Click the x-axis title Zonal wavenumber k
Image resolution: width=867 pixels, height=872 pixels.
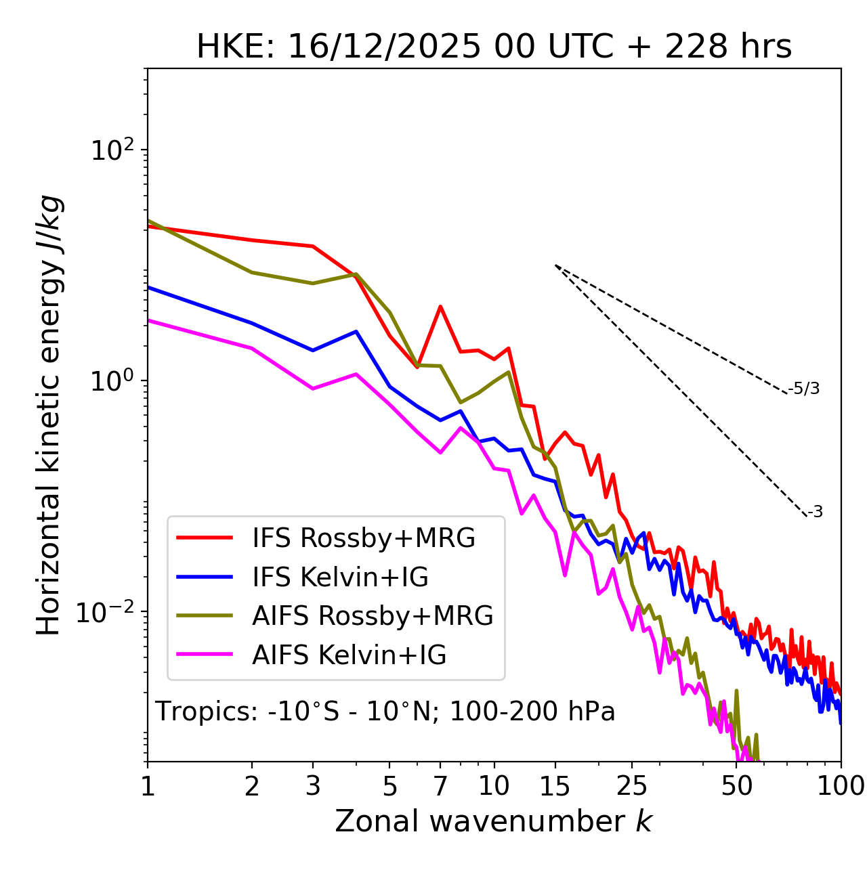click(x=494, y=821)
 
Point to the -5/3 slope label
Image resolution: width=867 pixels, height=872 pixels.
click(x=804, y=389)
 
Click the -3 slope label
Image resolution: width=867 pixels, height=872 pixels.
click(x=815, y=512)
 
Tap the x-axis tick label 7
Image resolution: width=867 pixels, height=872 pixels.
click(x=440, y=786)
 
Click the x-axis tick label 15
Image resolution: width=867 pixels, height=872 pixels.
click(x=555, y=786)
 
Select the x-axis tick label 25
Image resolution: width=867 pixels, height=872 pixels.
click(x=632, y=786)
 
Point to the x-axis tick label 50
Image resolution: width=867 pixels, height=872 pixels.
click(x=736, y=786)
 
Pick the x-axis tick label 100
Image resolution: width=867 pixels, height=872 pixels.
click(x=841, y=786)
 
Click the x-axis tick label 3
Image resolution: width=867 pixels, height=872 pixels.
click(x=313, y=786)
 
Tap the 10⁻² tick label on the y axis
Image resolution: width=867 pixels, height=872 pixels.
click(x=108, y=612)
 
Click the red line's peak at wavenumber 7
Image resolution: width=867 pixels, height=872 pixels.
click(x=440, y=306)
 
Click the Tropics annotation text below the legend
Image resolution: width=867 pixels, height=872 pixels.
click(x=385, y=712)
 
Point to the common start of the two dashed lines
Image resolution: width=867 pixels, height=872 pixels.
click(x=555, y=265)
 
